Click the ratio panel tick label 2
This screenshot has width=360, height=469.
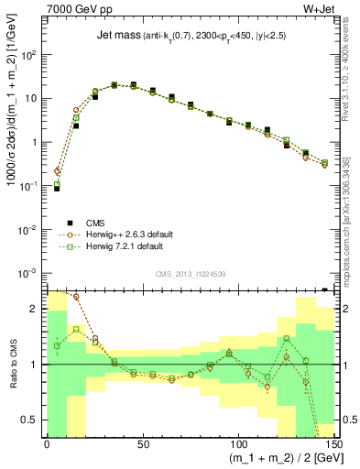(x=37, y=310)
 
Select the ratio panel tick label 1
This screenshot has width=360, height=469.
(x=37, y=365)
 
